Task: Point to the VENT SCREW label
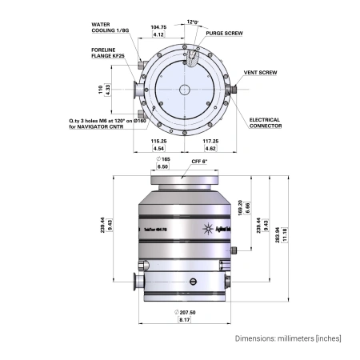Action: click(x=260, y=72)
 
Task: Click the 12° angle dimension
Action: click(x=191, y=22)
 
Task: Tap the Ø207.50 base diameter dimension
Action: click(x=183, y=311)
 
